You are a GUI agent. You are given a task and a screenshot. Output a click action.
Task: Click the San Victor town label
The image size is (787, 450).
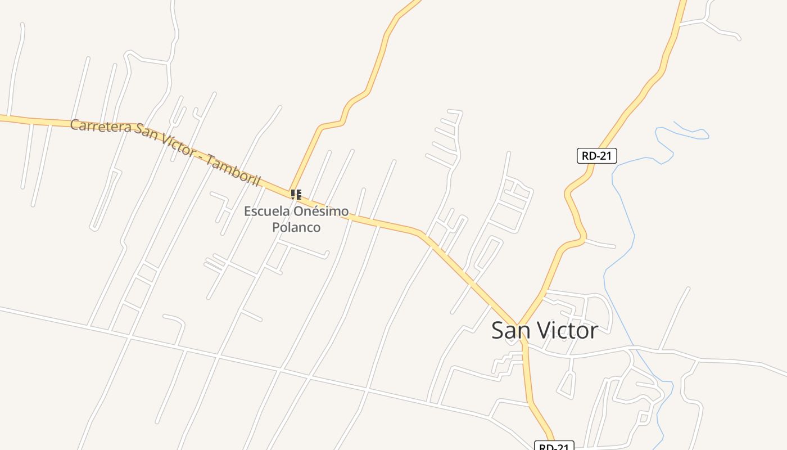click(544, 330)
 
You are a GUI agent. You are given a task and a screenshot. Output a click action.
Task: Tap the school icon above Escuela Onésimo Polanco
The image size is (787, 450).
click(296, 195)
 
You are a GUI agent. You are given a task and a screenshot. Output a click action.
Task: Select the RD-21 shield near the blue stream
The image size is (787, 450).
click(596, 156)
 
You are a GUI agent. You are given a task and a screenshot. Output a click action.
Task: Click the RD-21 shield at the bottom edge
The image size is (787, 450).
click(554, 447)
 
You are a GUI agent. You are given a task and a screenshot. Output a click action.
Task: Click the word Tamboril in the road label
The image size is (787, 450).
click(233, 170)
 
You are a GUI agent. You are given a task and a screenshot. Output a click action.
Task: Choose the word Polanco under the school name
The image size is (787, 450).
click(296, 227)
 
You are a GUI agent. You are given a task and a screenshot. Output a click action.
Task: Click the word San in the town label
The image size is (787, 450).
click(510, 330)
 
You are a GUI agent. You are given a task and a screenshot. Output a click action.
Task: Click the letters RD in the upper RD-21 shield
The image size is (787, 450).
click(589, 156)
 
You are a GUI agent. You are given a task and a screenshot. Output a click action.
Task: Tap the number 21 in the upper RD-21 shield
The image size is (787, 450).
click(604, 156)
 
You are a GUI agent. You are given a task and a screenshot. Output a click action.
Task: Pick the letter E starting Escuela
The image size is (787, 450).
click(248, 212)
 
